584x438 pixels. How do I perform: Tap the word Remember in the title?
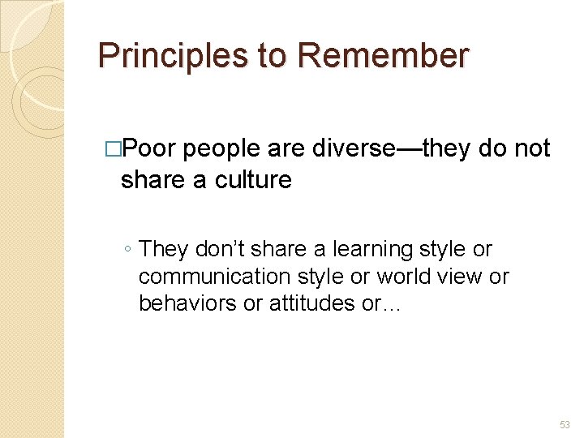tap(383, 56)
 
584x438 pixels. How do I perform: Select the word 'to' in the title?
tap(273, 56)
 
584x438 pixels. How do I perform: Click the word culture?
tap(253, 179)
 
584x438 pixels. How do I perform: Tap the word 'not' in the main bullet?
tap(532, 148)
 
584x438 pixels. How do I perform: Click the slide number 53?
tap(564, 425)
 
